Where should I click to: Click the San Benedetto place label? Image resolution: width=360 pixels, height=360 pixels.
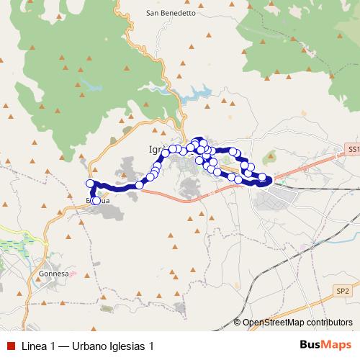[171, 13]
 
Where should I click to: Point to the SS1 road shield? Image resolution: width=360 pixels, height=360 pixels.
[352, 148]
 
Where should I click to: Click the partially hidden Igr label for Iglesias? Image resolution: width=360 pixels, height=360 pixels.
[146, 149]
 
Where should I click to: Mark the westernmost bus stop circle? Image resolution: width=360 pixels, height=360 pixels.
[90, 184]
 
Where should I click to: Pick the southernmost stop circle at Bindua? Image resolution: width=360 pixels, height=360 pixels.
[96, 200]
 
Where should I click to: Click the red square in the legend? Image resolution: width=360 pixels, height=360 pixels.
[9, 346]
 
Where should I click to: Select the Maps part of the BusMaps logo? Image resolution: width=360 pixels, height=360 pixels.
[333, 345]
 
